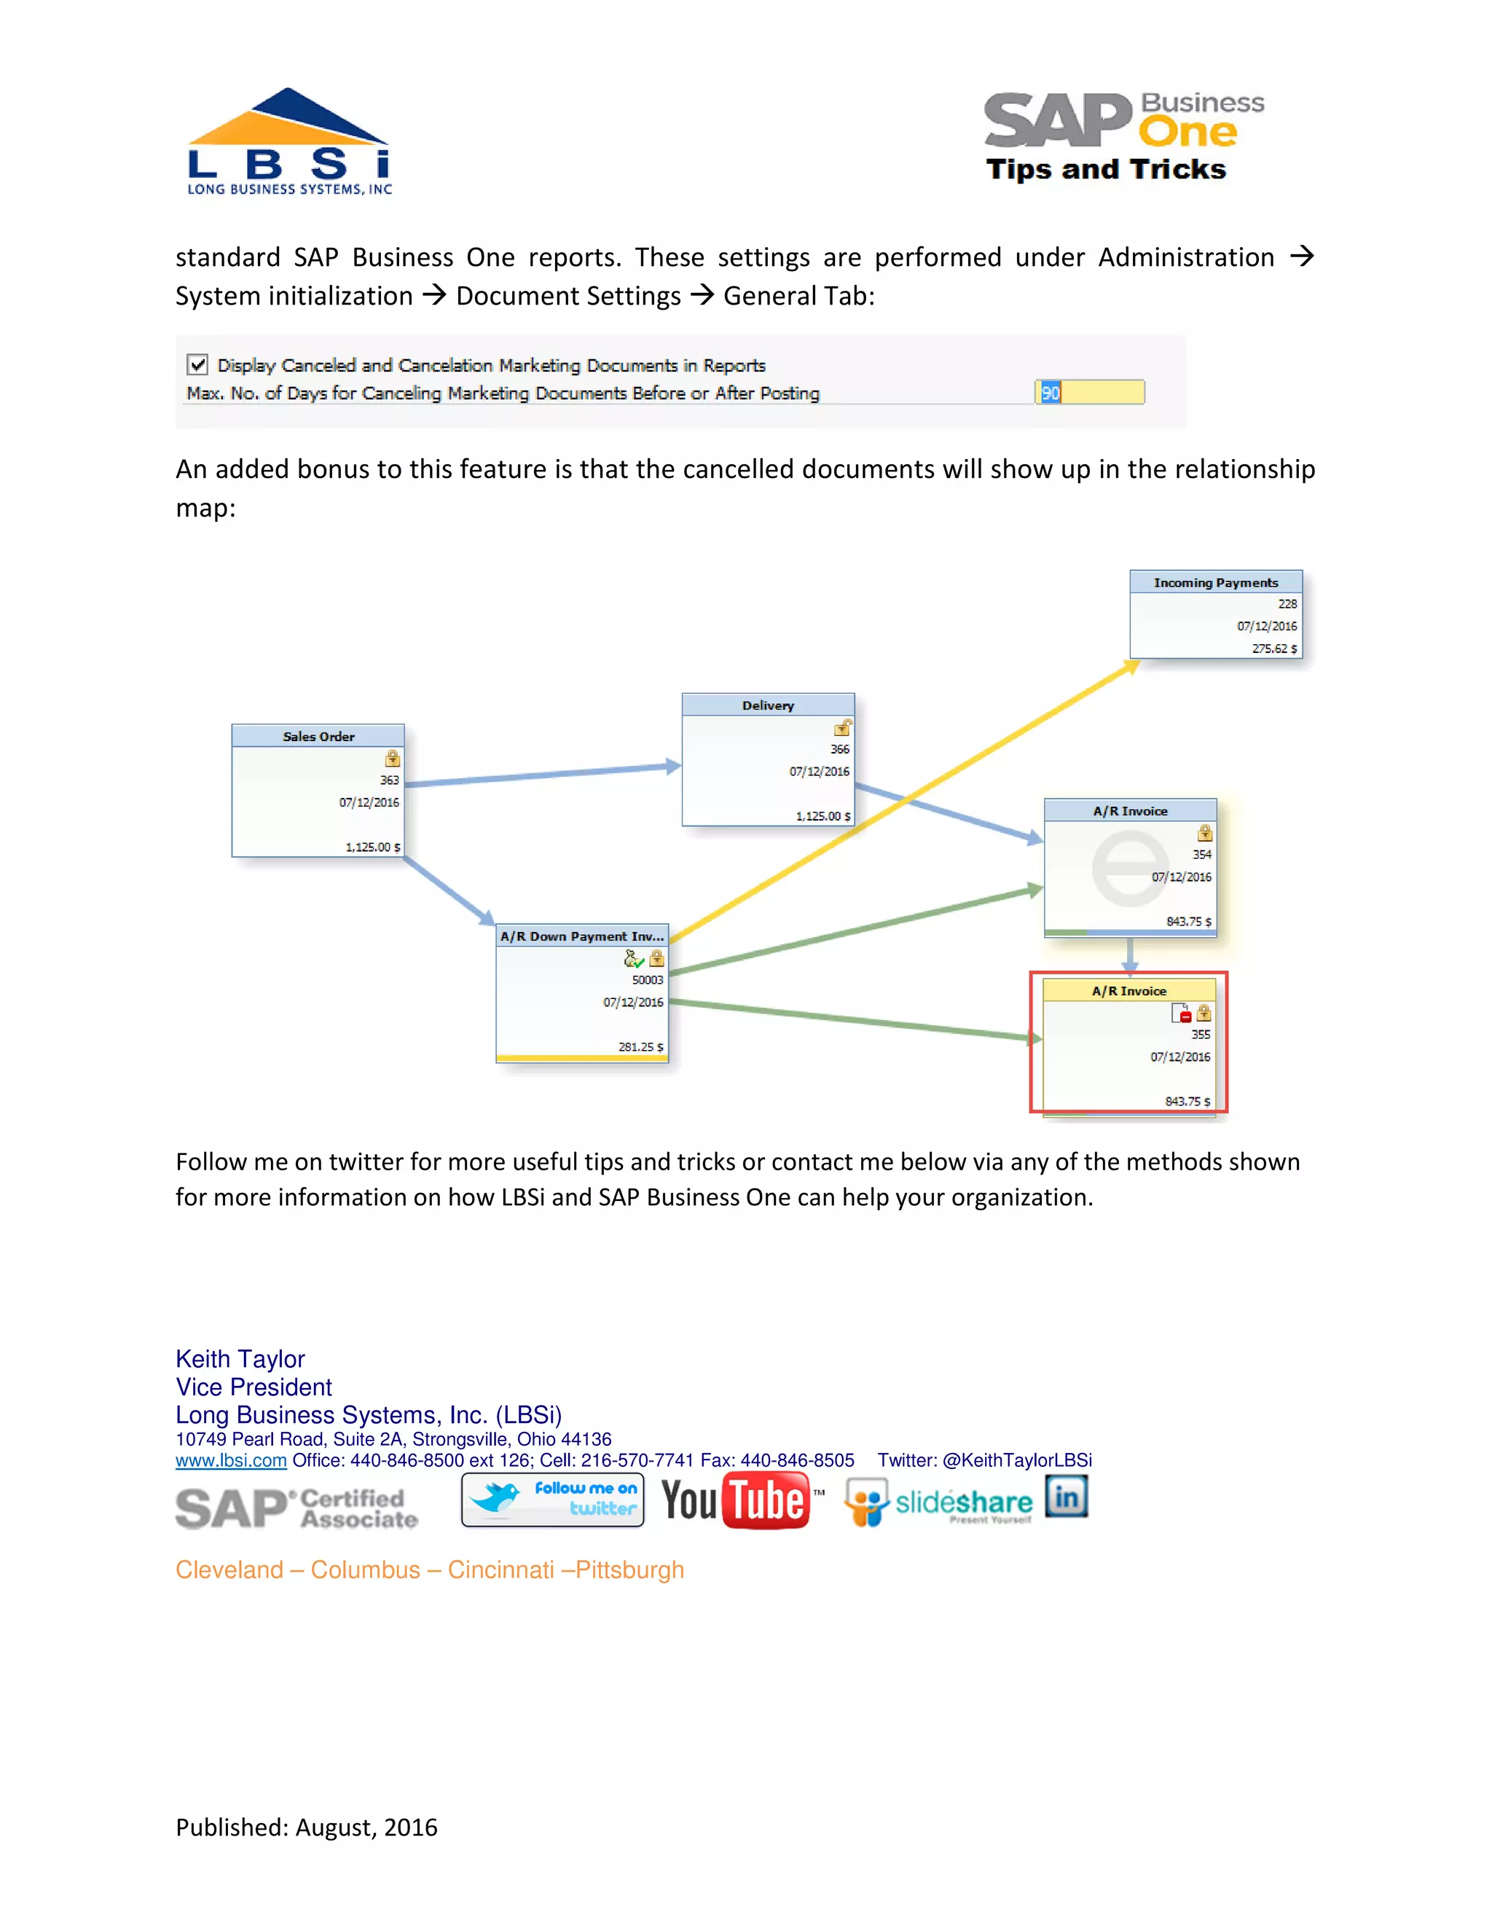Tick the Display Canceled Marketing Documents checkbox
tap(197, 364)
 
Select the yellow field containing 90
tap(1089, 393)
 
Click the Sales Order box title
tap(318, 737)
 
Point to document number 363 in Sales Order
tap(389, 780)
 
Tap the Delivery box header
tap(767, 705)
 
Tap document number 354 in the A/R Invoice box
tap(1201, 855)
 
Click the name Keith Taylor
tap(240, 1359)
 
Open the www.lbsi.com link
tap(231, 1460)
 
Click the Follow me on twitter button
tap(552, 1500)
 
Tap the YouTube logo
tap(735, 1500)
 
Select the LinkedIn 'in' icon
tap(1066, 1497)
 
